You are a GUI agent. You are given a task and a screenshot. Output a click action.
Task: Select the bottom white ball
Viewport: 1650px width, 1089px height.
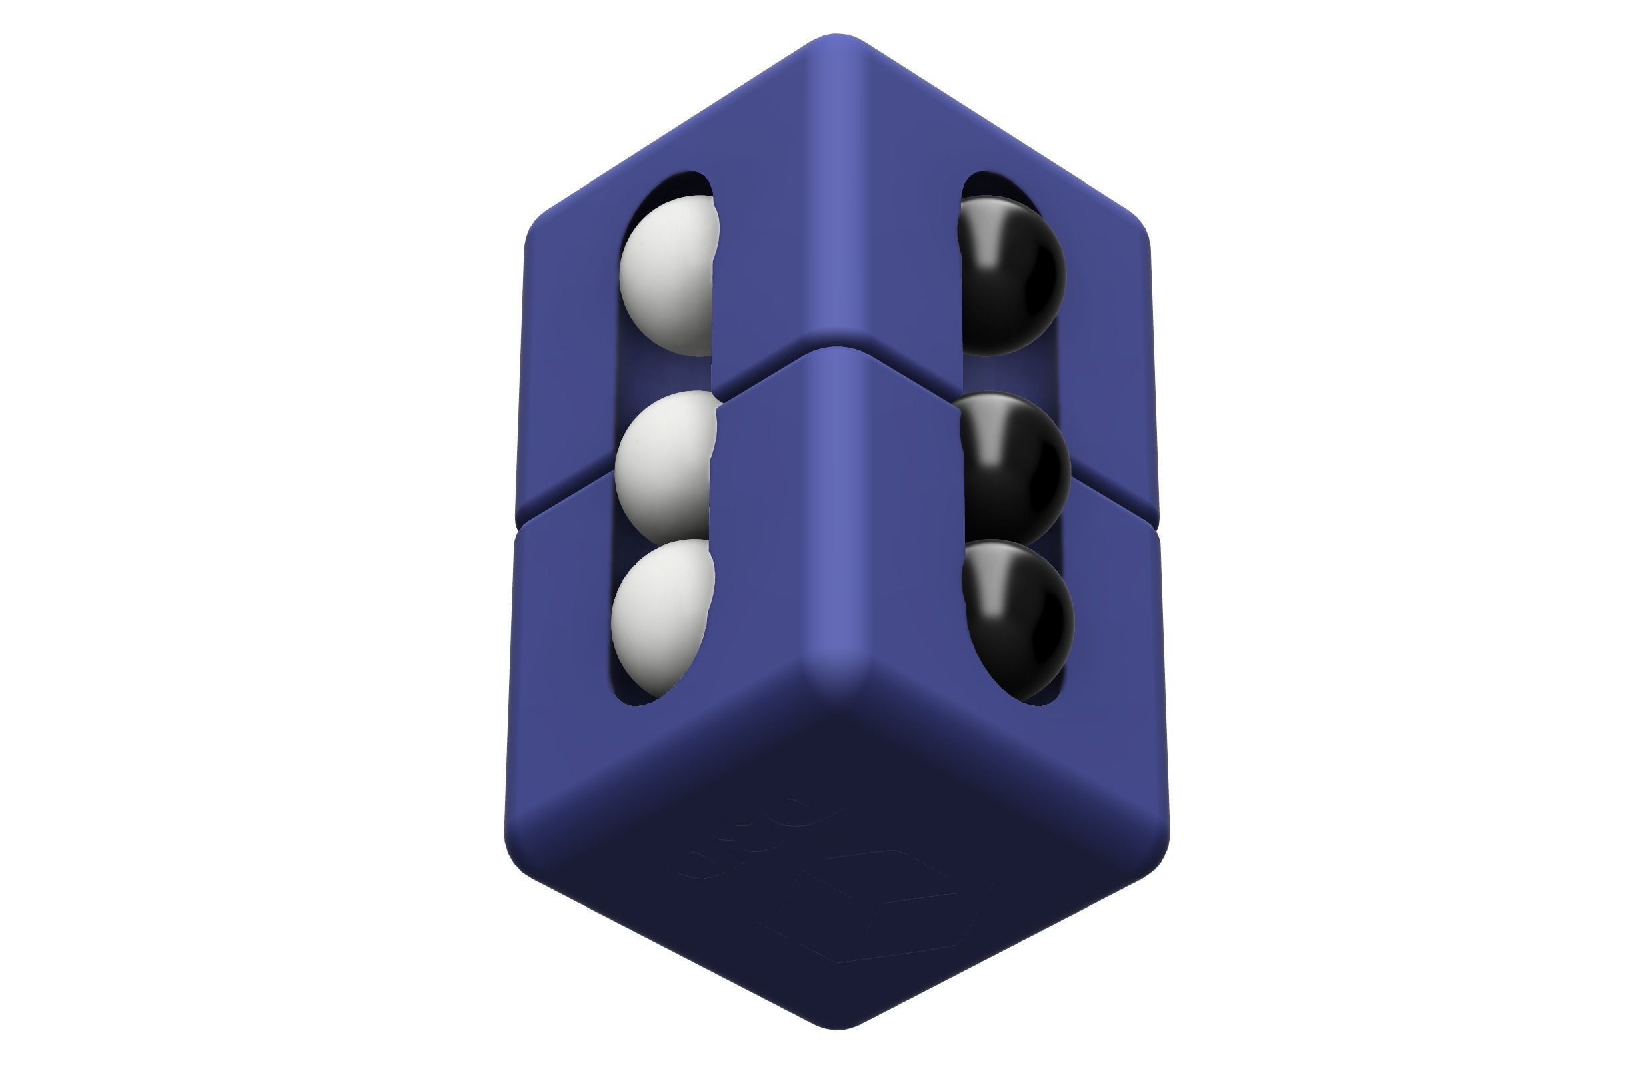pos(662,615)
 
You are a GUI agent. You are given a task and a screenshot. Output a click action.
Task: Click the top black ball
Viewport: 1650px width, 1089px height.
pos(1012,276)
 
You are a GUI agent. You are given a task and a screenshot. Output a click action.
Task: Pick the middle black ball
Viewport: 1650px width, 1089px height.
pos(1015,466)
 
